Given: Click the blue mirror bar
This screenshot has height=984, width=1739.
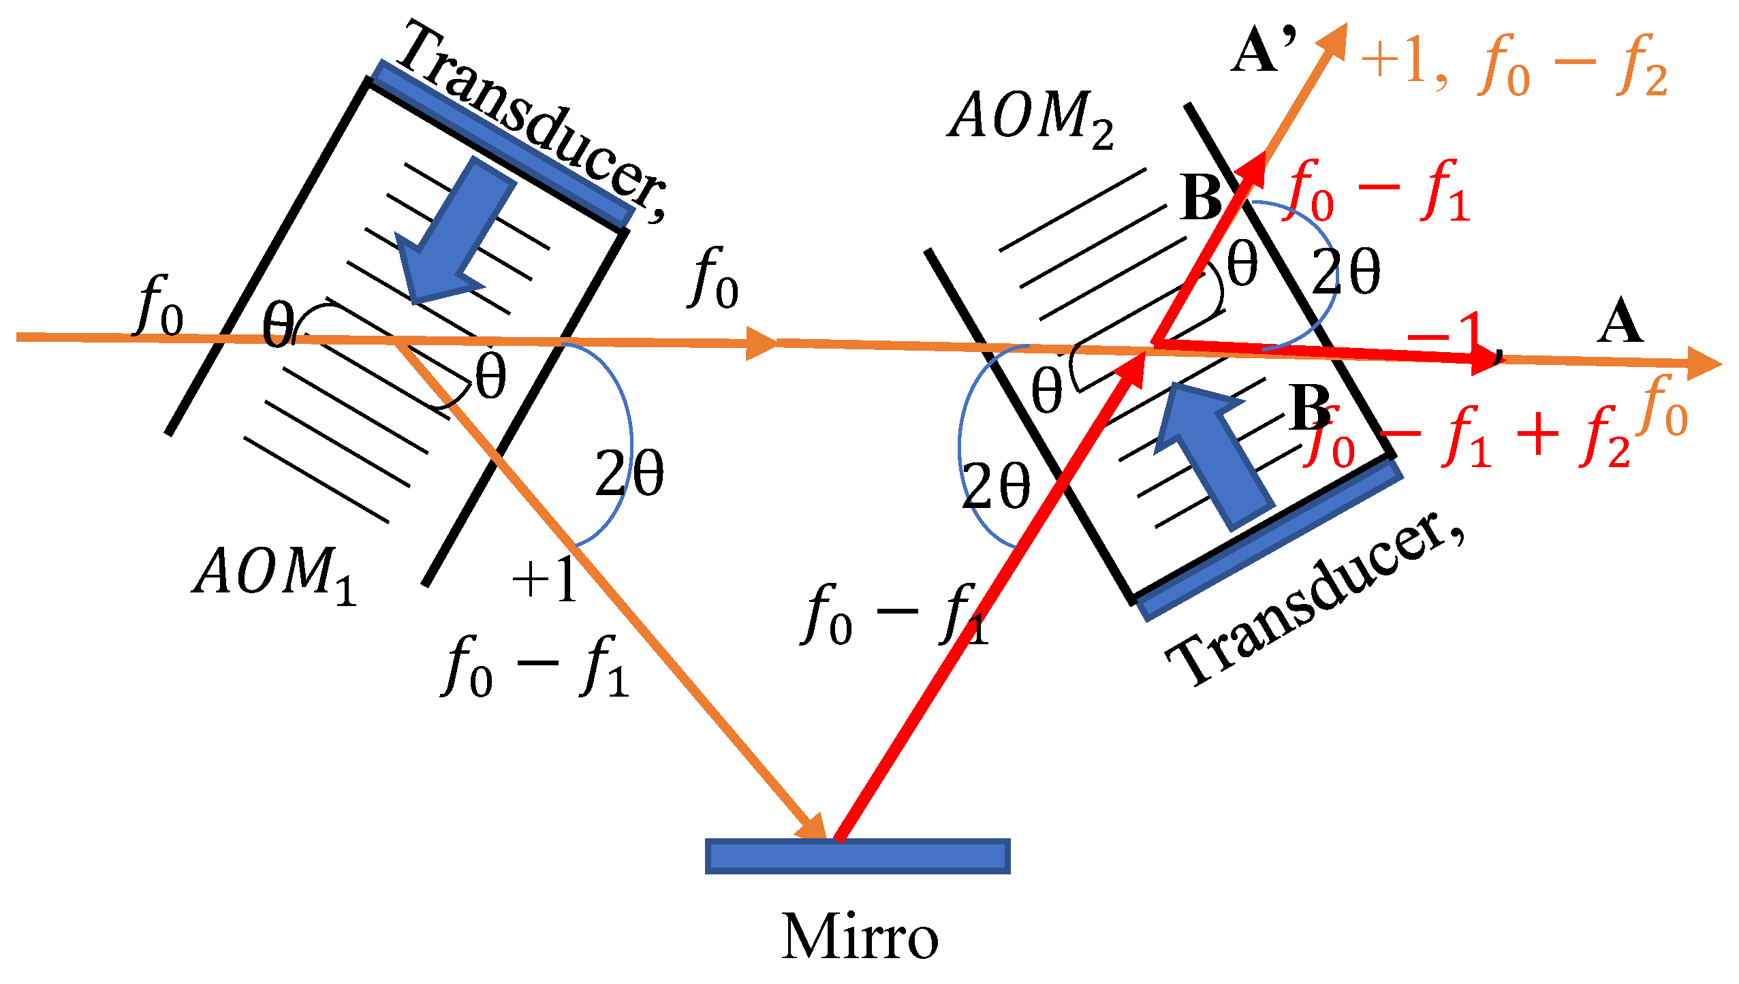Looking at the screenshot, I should (857, 856).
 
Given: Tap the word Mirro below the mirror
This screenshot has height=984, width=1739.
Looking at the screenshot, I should (860, 938).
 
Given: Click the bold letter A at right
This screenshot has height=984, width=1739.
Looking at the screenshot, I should (1620, 321).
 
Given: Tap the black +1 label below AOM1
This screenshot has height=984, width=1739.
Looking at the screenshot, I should (545, 579).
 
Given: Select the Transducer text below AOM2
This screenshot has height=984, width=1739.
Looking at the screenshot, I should (1315, 599).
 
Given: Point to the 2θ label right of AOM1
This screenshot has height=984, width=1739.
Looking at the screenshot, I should (629, 473).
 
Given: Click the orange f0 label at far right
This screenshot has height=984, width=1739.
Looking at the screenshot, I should (1664, 407).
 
